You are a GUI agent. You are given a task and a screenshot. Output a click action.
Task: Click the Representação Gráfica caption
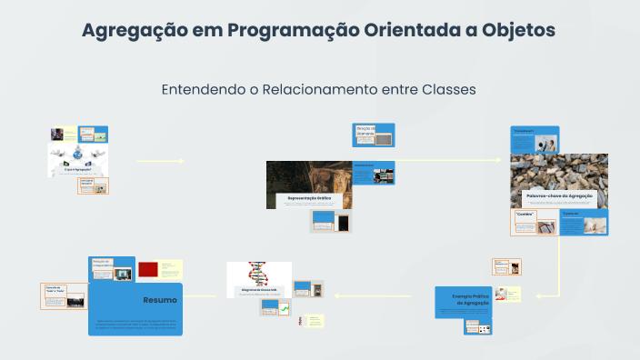(309, 197)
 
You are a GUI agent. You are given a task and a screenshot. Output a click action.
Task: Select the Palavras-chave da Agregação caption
(559, 196)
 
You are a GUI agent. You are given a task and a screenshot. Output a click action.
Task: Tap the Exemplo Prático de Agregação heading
(464, 296)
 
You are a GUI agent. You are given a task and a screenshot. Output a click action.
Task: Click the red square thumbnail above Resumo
(148, 269)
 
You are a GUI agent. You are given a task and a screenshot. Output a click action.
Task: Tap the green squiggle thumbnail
(284, 310)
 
